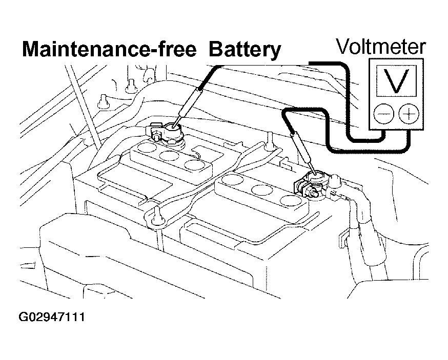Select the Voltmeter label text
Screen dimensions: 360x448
click(x=380, y=47)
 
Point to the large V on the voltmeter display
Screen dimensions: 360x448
click(x=396, y=81)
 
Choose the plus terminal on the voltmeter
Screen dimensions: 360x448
click(x=409, y=114)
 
